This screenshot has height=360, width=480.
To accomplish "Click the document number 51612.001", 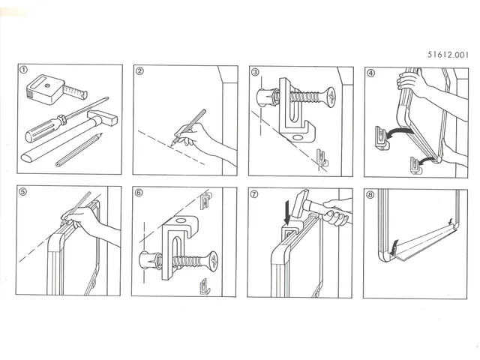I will (x=447, y=55).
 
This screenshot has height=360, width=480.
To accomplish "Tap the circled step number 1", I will (x=24, y=71).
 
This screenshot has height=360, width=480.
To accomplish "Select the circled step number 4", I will (x=370, y=72).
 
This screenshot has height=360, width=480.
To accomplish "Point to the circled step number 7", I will (x=255, y=193).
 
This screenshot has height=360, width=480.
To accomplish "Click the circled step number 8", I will (x=370, y=193).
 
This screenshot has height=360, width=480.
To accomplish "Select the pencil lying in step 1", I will (x=78, y=150).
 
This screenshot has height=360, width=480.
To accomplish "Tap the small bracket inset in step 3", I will (x=321, y=157).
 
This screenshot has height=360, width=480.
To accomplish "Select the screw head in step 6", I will (x=213, y=262).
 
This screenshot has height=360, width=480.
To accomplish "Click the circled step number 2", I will (x=139, y=72).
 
